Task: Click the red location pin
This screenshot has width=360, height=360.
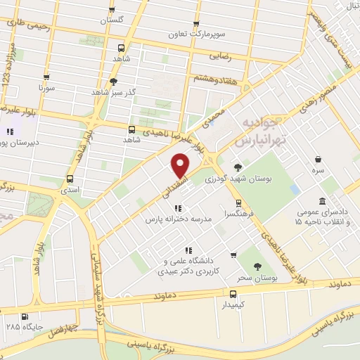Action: tap(180, 166)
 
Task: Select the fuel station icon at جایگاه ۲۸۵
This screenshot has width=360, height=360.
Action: tap(26, 316)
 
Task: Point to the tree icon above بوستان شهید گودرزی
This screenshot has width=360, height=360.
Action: tap(237, 167)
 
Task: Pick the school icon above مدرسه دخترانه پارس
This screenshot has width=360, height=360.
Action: tap(178, 208)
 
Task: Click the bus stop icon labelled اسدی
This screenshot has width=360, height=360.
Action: tap(70, 179)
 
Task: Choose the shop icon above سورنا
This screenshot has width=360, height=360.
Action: tap(46, 77)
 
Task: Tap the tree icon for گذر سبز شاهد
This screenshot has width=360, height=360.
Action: tap(113, 82)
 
